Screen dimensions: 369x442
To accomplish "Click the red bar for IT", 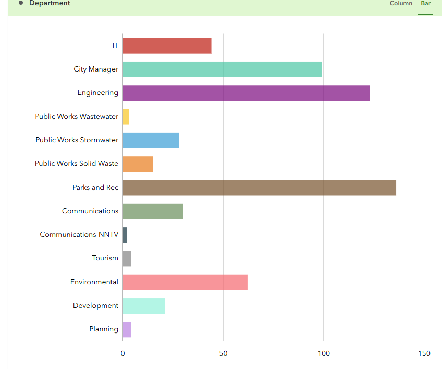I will (167, 46).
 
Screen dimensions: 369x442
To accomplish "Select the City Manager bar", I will (222, 69).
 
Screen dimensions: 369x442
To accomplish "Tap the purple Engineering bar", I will (246, 93).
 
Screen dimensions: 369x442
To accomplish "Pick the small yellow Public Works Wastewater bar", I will (126, 116).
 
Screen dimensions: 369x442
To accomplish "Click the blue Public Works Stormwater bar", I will (151, 140).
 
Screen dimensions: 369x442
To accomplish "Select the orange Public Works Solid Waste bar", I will (138, 164).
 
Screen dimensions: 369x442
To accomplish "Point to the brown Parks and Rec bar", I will (259, 187).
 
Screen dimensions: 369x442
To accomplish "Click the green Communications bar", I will (153, 211).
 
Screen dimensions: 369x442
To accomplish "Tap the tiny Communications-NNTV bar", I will (125, 235).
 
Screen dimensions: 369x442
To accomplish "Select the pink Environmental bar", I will (185, 282).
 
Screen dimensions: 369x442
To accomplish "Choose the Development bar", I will (144, 306).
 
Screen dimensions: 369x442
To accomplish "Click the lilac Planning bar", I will (127, 329).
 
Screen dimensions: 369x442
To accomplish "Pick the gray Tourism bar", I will (127, 258).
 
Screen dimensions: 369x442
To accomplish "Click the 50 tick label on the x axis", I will (223, 354).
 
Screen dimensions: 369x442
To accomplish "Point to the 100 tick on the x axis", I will (324, 354).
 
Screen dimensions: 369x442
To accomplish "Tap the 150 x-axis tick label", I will (424, 354).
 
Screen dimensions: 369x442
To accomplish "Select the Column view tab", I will (401, 4).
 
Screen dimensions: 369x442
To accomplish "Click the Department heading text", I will (50, 4).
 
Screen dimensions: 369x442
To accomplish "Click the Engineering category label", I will (97, 93).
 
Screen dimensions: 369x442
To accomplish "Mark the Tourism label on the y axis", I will (105, 258).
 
